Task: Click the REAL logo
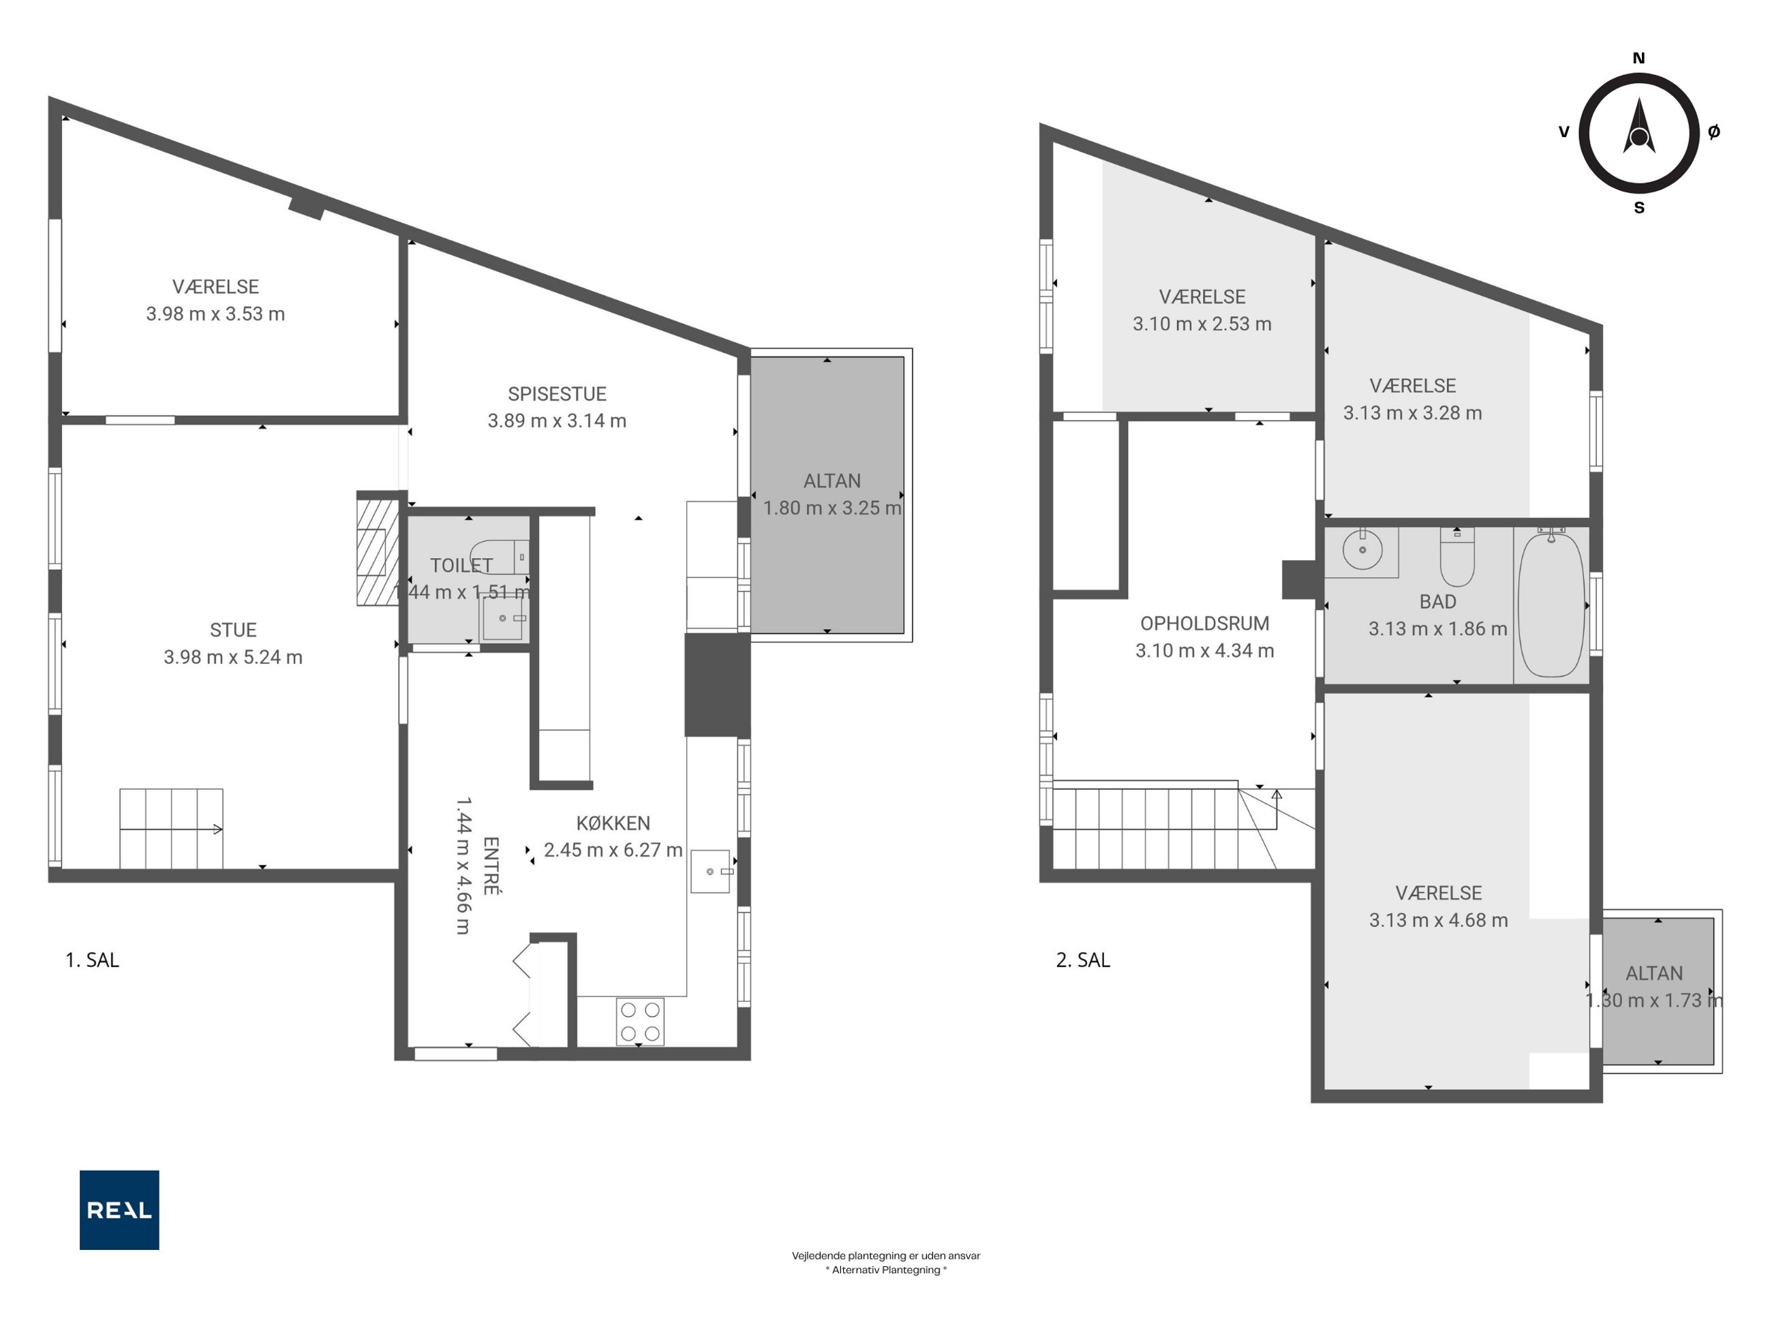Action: pyautogui.click(x=119, y=1210)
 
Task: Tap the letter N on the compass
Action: pyautogui.click(x=1639, y=58)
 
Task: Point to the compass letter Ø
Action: pyautogui.click(x=1713, y=132)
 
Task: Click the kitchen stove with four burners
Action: pyautogui.click(x=640, y=1022)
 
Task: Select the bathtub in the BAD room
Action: pyautogui.click(x=1552, y=605)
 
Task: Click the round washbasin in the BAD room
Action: pyautogui.click(x=1362, y=549)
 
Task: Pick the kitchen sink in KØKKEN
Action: pyautogui.click(x=711, y=872)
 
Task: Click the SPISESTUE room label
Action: pyautogui.click(x=557, y=394)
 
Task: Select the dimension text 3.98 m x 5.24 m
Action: pyautogui.click(x=233, y=658)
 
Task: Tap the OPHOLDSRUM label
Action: pyautogui.click(x=1205, y=623)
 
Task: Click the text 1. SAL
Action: pyautogui.click(x=92, y=960)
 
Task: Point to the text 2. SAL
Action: pyautogui.click(x=1083, y=960)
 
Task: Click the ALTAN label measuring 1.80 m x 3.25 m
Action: pyautogui.click(x=832, y=481)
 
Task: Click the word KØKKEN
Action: pyautogui.click(x=613, y=823)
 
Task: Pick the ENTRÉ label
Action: pyautogui.click(x=491, y=866)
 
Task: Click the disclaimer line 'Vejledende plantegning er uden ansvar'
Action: pyautogui.click(x=886, y=1255)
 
